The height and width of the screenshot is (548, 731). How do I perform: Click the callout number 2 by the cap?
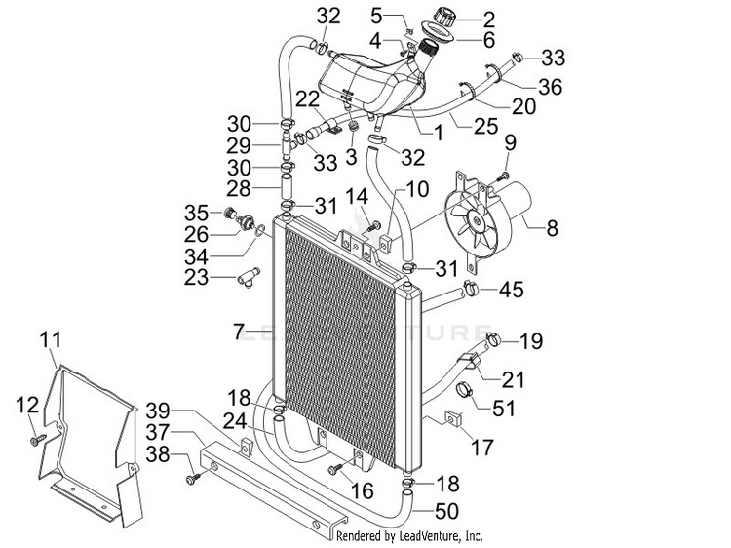[488, 20]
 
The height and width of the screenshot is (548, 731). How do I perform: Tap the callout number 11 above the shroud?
[51, 339]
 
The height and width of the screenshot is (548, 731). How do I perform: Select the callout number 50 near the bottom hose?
[446, 511]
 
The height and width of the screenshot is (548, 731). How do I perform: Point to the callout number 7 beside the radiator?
[238, 333]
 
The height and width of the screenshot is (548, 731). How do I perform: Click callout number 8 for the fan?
[552, 228]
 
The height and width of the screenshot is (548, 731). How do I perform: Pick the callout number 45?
[512, 290]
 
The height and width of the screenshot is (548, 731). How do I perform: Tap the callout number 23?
[196, 278]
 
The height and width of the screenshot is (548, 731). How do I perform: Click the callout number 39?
[158, 411]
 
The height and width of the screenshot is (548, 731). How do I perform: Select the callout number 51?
[504, 409]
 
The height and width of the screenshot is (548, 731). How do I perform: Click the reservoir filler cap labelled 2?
[444, 18]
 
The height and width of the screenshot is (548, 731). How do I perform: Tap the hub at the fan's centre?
[477, 220]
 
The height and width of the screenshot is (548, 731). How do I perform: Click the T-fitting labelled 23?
[248, 277]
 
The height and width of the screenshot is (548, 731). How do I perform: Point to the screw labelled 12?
[37, 440]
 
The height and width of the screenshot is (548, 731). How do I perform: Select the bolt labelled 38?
[193, 478]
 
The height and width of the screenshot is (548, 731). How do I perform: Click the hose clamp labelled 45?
[471, 288]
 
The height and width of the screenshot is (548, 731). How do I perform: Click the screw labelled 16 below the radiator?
[335, 469]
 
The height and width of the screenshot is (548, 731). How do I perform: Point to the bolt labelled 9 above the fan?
[504, 176]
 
